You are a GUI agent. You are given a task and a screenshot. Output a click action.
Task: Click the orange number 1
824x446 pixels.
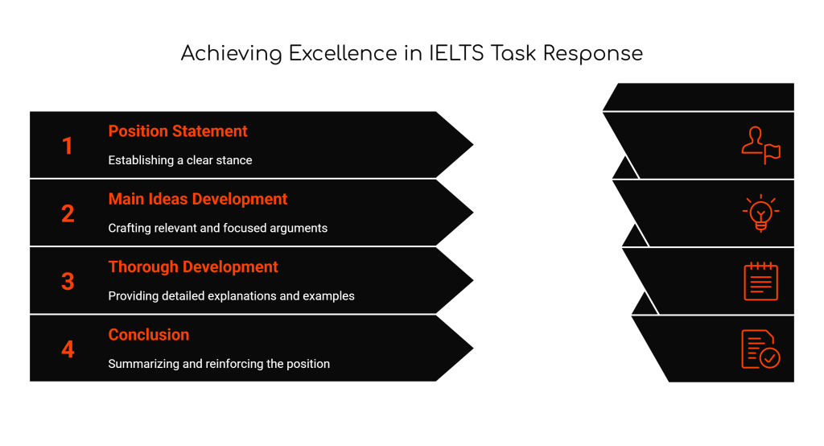coord(68,146)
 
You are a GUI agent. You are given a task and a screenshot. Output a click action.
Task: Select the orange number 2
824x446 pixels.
coord(68,213)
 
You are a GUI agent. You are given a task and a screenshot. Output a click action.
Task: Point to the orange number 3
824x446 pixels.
coord(68,281)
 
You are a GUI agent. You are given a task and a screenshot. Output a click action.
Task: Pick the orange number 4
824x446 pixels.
coord(68,349)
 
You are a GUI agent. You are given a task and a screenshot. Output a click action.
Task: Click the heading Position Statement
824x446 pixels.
coord(178,131)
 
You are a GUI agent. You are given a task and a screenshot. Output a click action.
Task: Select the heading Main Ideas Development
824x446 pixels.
coord(197,199)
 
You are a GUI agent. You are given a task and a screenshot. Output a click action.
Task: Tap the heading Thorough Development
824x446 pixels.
coord(193,266)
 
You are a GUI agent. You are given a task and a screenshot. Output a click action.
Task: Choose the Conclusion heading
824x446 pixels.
coord(149,334)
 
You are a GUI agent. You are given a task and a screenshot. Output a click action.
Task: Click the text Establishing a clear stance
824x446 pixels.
coord(180,160)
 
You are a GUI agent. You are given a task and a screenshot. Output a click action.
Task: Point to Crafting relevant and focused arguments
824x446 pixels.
coord(217,228)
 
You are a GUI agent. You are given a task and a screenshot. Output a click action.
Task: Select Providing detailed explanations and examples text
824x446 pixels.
coord(231,295)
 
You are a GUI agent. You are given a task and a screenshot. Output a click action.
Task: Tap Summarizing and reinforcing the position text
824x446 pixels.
coord(219,363)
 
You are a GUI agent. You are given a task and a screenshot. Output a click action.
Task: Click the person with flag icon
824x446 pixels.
coord(760,145)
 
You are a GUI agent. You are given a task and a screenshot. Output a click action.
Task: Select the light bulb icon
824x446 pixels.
coord(760,213)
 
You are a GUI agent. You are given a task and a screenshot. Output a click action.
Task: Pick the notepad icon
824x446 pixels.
coord(760,281)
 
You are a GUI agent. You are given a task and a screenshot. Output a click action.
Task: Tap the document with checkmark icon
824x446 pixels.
coord(760,349)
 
